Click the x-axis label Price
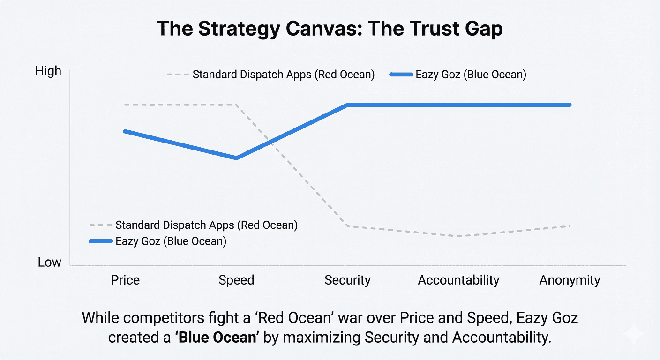coord(125,280)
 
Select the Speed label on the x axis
coord(236,280)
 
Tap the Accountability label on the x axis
coord(458,280)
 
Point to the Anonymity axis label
coord(570,280)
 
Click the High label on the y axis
coord(48,71)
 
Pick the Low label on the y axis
coord(50,262)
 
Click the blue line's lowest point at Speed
coord(236,158)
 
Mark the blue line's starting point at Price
coord(125,131)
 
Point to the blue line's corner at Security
coord(348,105)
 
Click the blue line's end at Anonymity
coord(570,105)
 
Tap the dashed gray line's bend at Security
coord(348,226)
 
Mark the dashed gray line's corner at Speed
coord(236,105)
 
